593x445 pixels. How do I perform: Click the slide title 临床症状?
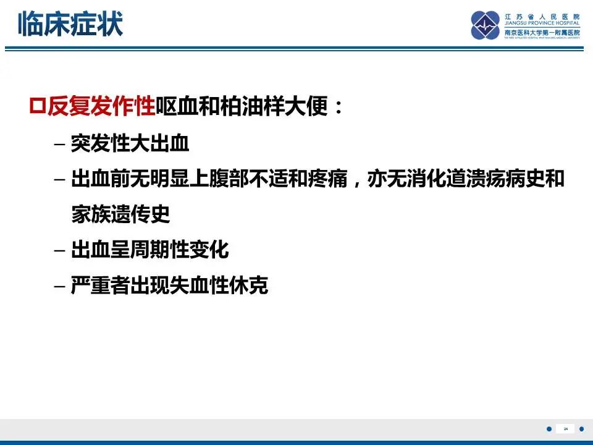(70, 23)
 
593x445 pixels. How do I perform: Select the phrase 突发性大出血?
(130, 145)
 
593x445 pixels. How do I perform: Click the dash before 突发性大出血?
(59, 146)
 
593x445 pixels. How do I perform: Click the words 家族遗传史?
(120, 215)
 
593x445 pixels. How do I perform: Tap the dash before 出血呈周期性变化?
(59, 252)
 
